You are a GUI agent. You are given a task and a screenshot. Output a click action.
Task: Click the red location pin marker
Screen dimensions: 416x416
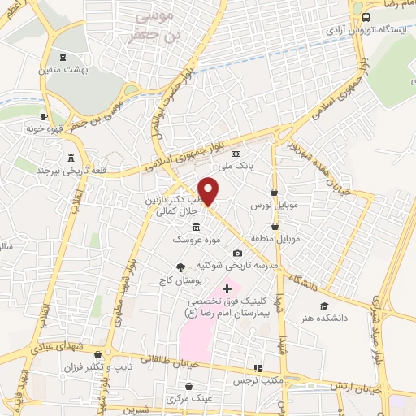tap(209, 190)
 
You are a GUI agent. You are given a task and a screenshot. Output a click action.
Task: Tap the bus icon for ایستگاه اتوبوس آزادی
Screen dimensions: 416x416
tap(365, 17)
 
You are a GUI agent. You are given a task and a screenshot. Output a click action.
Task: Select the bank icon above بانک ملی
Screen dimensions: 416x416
tap(236, 153)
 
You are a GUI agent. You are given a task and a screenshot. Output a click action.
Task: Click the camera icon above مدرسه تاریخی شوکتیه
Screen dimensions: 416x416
tap(237, 253)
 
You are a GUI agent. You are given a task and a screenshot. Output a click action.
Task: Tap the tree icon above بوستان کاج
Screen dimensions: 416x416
tap(180, 267)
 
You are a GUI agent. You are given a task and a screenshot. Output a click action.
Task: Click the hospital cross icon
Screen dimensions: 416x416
tap(227, 288)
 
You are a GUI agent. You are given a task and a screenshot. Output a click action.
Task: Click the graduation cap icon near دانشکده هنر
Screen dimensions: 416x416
tap(323, 305)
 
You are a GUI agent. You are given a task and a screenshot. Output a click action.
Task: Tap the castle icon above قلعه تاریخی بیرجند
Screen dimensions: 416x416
tap(69, 157)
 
